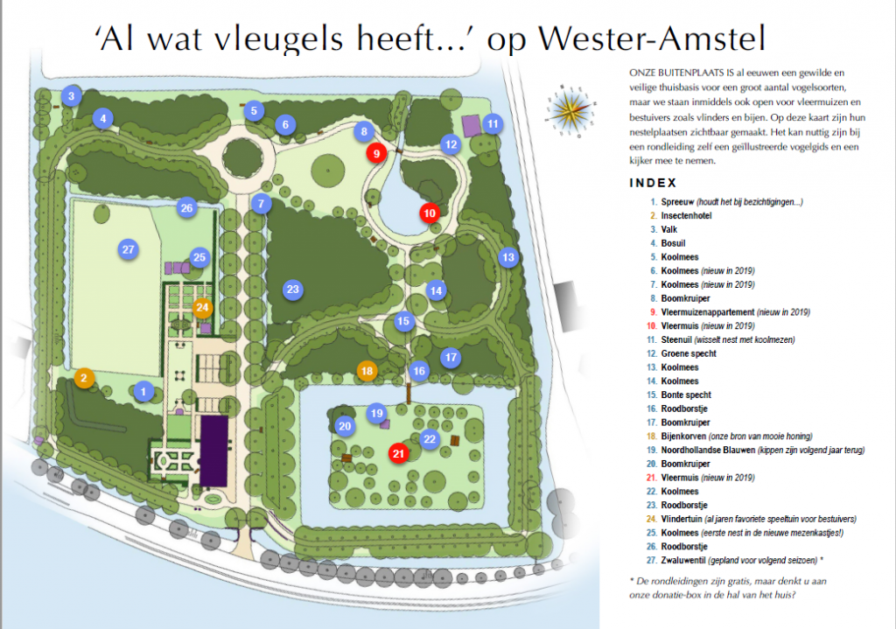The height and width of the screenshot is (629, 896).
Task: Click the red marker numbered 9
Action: tap(375, 153)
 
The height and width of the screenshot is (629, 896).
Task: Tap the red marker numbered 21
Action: tap(398, 453)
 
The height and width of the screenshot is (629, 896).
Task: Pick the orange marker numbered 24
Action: tap(202, 307)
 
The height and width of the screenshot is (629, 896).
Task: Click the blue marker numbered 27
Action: tap(128, 249)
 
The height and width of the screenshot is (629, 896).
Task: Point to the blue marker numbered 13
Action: tap(507, 257)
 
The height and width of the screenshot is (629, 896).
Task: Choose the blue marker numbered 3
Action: tap(73, 95)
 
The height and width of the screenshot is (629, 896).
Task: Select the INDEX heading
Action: tap(652, 183)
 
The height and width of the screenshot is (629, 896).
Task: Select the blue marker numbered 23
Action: tap(293, 289)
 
